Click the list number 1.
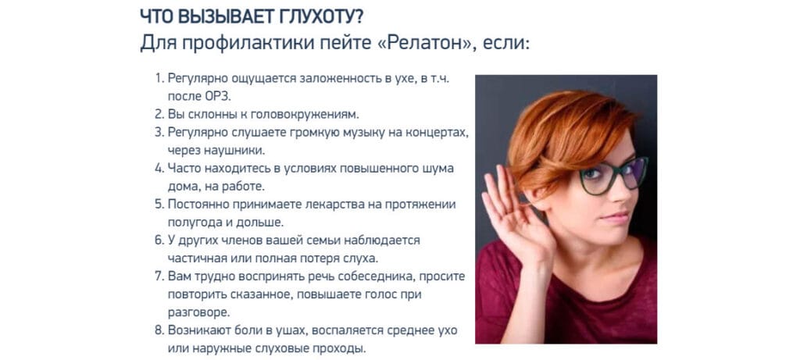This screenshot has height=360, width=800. click(159, 79)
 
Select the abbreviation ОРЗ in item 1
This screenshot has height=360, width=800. click(224, 96)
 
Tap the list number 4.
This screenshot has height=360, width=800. click(159, 168)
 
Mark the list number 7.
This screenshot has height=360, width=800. click(159, 276)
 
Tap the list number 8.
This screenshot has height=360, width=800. click(159, 330)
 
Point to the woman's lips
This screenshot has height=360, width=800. click(615, 218)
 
